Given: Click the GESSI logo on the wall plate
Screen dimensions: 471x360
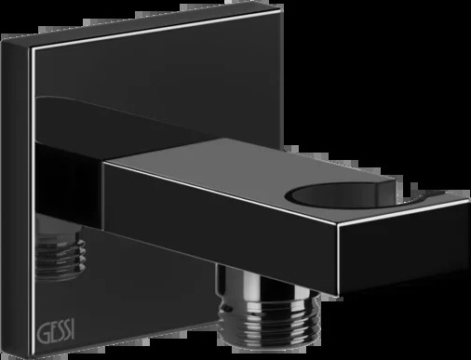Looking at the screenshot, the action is pos(56,332).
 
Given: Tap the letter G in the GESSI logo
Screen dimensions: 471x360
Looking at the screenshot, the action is pos(43,334).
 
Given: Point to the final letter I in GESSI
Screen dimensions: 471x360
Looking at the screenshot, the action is pos(73,330).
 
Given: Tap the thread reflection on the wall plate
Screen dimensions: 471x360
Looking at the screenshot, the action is pos(61,253).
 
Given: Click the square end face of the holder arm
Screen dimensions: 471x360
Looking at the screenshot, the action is pos(404,248).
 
